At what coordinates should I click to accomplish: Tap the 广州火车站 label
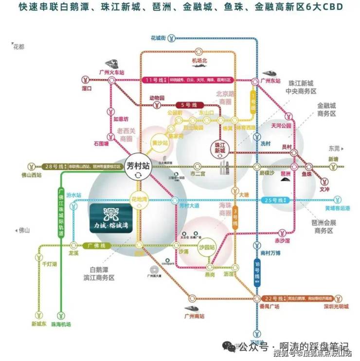coord(112,71)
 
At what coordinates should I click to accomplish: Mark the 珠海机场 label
coord(61,324)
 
